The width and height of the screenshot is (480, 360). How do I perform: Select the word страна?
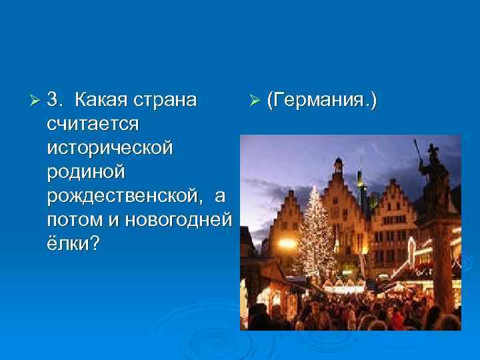coord(166,100)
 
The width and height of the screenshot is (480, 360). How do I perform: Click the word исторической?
coord(109,147)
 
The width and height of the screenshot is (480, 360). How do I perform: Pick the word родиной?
coord(86,171)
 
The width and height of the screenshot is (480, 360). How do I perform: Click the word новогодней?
coord(178,219)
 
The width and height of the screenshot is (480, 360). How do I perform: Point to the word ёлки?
coord(67,243)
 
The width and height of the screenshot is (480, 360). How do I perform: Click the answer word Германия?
coord(322,100)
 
